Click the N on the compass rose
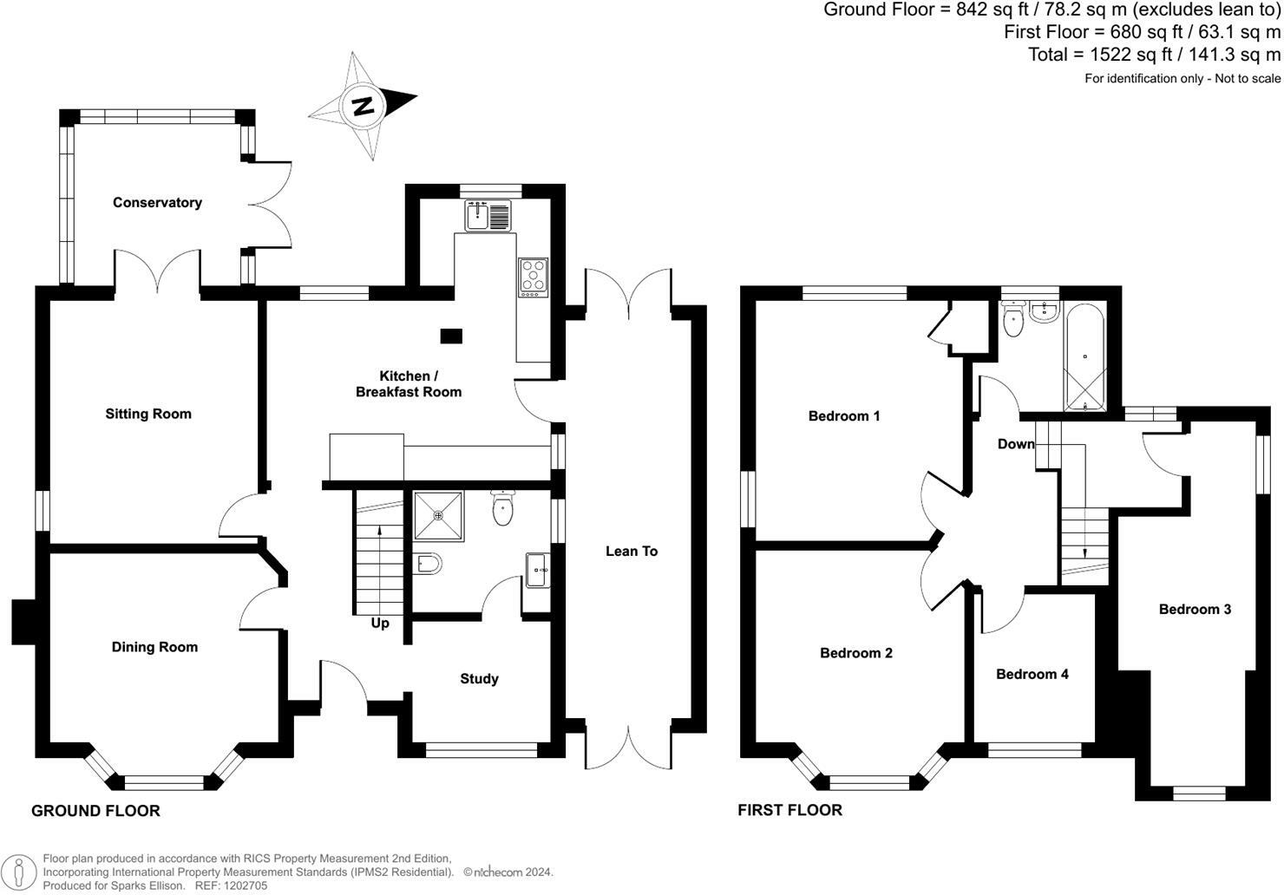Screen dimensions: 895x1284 pyautogui.click(x=364, y=106)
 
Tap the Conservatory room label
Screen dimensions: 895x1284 pyautogui.click(x=157, y=203)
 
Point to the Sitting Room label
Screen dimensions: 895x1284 pyautogui.click(x=148, y=415)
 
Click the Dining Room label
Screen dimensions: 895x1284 pyautogui.click(x=154, y=647)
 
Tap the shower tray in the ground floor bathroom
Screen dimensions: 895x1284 pyautogui.click(x=438, y=515)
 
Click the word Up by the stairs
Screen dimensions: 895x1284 pyautogui.click(x=380, y=624)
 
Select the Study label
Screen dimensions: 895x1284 pyautogui.click(x=479, y=679)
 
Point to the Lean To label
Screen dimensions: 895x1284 pyautogui.click(x=632, y=552)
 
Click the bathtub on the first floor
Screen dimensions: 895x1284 pyautogui.click(x=1084, y=357)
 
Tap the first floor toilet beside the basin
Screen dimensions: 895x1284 pyautogui.click(x=1012, y=321)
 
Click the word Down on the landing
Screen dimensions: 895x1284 pyautogui.click(x=1016, y=444)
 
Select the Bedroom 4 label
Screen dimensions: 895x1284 pyautogui.click(x=1032, y=675)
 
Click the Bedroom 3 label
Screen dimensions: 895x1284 pyautogui.click(x=1195, y=610)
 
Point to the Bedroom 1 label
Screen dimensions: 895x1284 pyautogui.click(x=844, y=416)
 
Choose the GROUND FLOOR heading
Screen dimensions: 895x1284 pyautogui.click(x=95, y=812)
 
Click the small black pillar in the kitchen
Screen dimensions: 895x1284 pyautogui.click(x=451, y=335)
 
